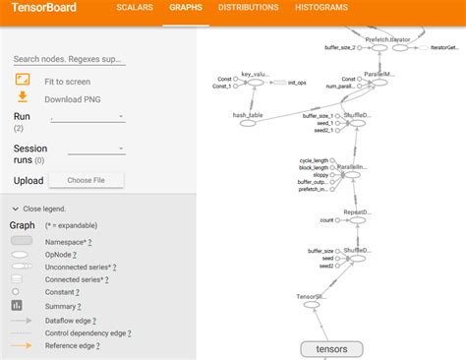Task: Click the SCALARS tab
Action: [135, 8]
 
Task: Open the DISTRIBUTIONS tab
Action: [248, 8]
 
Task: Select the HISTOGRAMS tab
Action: [321, 8]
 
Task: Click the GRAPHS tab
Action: [185, 8]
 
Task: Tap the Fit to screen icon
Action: [23, 79]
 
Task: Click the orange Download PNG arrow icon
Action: [23, 96]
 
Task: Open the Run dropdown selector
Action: [87, 117]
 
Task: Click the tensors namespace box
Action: [331, 348]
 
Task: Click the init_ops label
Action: [296, 82]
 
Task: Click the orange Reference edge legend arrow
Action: [22, 345]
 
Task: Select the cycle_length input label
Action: [316, 159]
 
